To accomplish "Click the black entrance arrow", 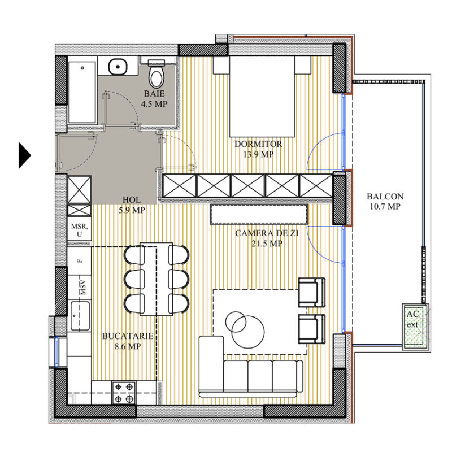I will click(x=24, y=155).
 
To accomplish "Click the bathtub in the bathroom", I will click(x=82, y=92).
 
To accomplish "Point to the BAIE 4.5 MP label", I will click(x=154, y=98).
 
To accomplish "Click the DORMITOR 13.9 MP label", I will click(x=258, y=149).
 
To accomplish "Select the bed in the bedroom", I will click(x=262, y=97).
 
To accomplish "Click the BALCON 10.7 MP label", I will click(x=385, y=202).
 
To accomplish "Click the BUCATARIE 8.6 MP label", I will click(x=127, y=341).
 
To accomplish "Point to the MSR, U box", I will click(x=79, y=230).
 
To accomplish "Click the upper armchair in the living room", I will click(x=311, y=292).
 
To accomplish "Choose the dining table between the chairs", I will click(x=156, y=280).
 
